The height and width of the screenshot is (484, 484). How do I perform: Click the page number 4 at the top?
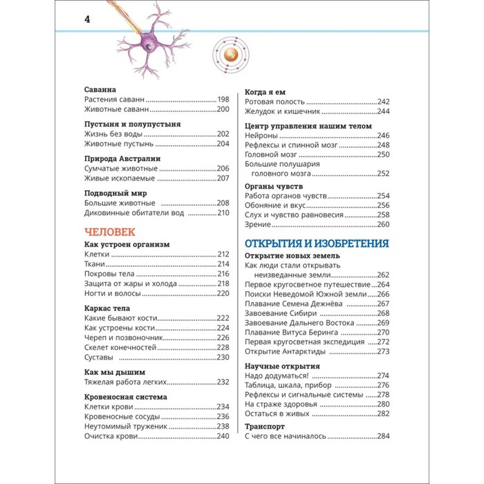point(87,20)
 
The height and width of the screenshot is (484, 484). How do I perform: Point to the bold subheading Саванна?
point(100,90)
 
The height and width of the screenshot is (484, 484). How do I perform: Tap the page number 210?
point(222,212)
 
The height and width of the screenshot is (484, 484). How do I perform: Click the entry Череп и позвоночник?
point(123,337)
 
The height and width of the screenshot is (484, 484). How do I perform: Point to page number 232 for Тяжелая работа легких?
point(222,382)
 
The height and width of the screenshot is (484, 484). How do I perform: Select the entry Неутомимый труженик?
point(125,427)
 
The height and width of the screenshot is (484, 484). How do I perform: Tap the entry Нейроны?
point(262,136)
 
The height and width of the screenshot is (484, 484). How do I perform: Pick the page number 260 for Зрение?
point(384,224)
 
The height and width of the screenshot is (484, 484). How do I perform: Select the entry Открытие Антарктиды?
point(285,351)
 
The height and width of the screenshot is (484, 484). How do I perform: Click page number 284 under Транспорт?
point(384,436)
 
